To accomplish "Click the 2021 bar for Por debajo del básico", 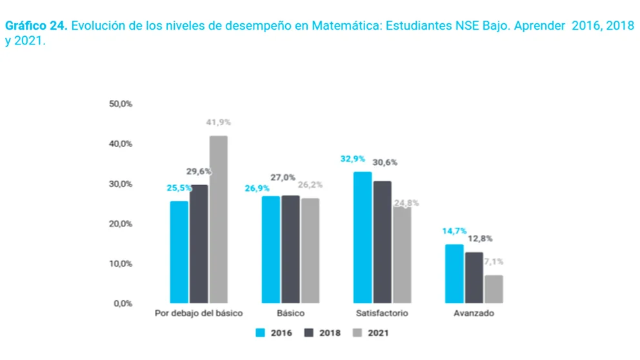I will pos(218,219).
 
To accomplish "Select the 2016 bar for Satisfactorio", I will pos(363,237).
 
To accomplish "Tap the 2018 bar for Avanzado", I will pos(474,277).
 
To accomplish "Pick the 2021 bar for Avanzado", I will pos(494,288).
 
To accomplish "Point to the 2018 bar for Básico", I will pos(290,248).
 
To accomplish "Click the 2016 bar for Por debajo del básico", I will pos(179,252).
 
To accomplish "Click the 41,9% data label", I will pos(218,122).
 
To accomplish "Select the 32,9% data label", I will pos(353,159).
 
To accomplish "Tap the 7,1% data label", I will pos(494,262).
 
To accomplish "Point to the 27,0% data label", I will pos(283,177).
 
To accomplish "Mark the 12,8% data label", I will pos(479,239).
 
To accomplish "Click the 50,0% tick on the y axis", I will pos(121,104).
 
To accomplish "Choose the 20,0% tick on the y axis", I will pos(121,224).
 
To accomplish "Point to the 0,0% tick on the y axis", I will pos(123,303).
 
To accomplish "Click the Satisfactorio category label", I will pos(382,314).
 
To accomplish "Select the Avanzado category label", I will pos(474,314).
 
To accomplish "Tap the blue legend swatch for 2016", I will pos(261,334).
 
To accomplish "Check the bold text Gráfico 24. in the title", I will pos(37,26).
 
